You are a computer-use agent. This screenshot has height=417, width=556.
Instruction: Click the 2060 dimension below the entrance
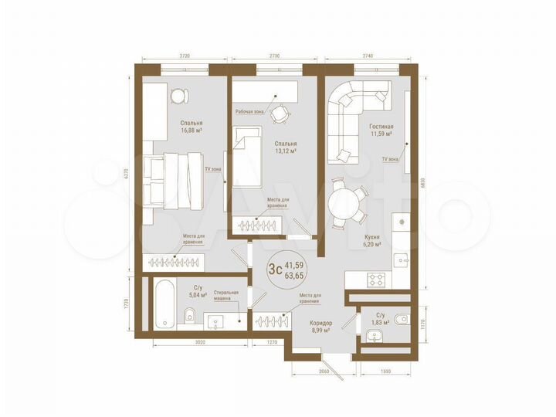coord(324,371)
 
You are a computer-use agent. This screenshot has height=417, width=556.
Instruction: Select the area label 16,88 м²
coord(192,131)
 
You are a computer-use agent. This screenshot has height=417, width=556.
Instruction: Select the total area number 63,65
coord(294,275)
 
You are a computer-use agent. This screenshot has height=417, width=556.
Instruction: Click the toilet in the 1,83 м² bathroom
coord(398,319)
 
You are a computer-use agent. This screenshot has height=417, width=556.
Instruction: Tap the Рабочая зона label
coord(249,111)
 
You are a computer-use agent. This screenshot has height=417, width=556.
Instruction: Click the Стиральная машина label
coord(226,297)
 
